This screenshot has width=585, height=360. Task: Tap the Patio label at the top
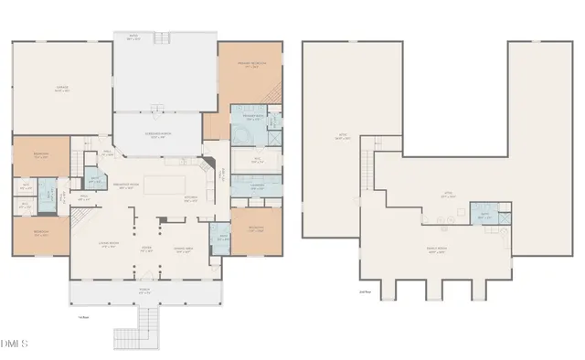click(161, 38)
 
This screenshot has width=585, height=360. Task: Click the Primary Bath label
click(253, 118)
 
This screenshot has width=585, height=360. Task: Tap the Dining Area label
click(184, 250)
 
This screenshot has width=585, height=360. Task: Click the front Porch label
click(145, 291)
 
